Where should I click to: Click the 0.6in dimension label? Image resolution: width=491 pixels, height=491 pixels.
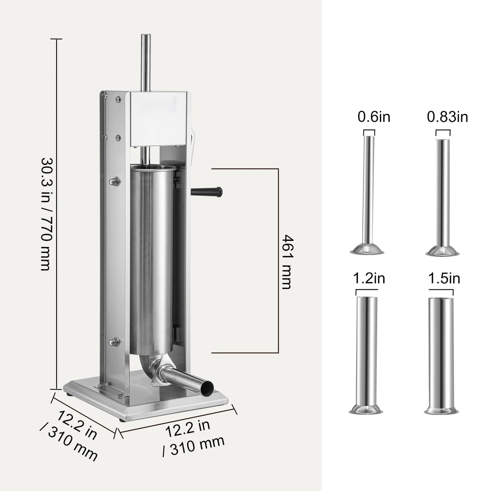374,117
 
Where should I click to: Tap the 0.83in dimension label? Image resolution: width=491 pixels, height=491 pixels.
447,117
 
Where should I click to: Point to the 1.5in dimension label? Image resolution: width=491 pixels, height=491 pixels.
444,279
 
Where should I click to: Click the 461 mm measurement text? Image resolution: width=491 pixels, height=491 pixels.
286,261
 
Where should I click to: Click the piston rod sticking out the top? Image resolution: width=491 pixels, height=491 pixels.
146,61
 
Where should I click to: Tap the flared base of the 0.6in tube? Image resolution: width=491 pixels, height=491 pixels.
367,250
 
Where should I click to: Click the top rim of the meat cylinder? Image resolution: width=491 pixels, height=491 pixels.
154,168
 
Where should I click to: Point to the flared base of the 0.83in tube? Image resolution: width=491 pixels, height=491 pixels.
442,251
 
